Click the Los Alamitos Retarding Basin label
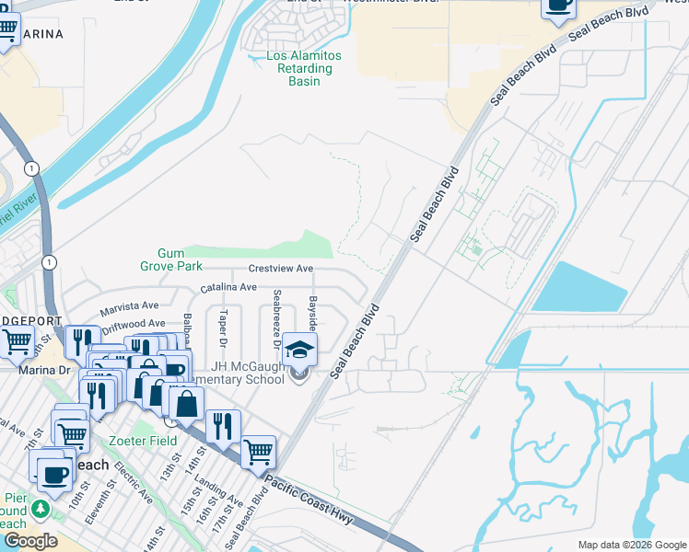303,69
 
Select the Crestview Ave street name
280,269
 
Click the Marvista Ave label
130,305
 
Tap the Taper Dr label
224,324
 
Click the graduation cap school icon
300,349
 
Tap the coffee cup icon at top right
557,6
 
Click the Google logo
29,540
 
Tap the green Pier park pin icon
39,509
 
